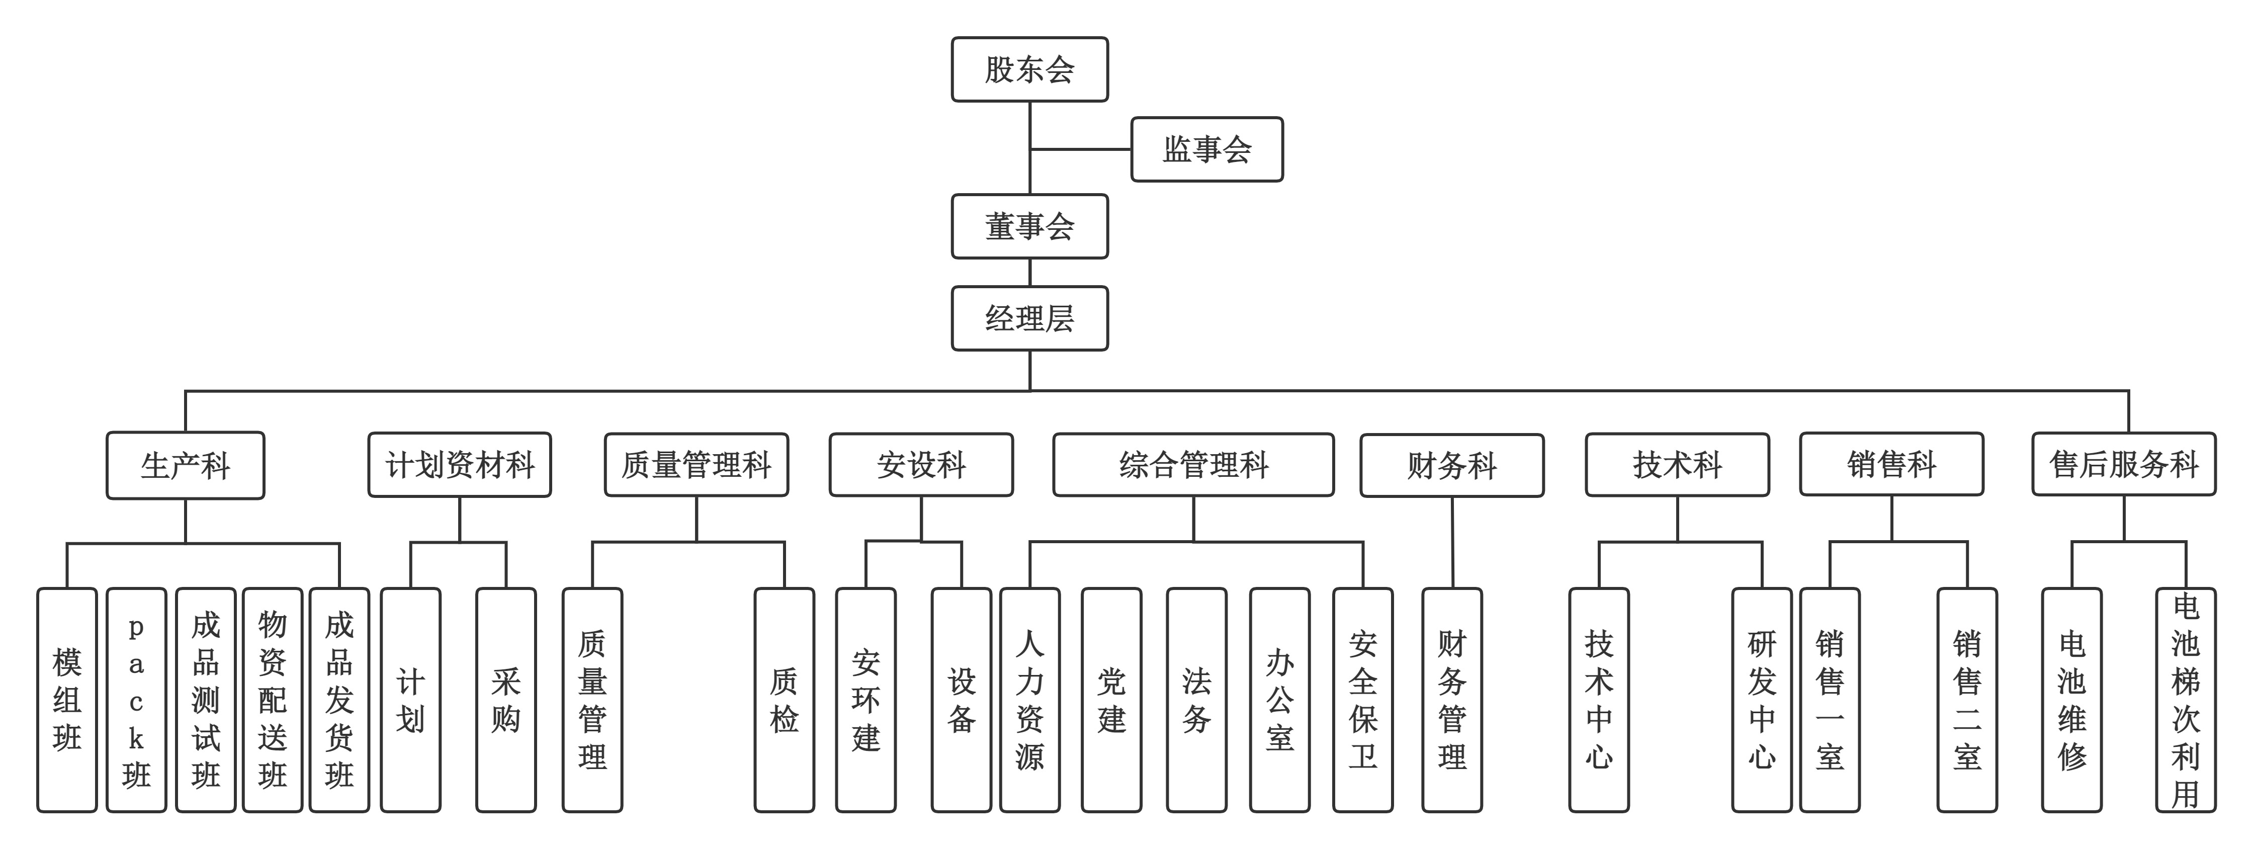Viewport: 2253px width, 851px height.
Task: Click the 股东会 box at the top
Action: [x=1029, y=69]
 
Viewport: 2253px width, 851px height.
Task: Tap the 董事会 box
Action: [x=1029, y=226]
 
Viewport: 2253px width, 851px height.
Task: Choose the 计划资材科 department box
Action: [x=459, y=464]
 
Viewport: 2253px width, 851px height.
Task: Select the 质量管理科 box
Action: [x=696, y=464]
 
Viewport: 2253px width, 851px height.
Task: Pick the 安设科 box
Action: [x=921, y=464]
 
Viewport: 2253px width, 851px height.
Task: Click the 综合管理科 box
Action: [x=1193, y=464]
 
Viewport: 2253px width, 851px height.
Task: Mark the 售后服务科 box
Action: [x=2124, y=464]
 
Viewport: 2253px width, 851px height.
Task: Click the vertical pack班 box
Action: [x=136, y=700]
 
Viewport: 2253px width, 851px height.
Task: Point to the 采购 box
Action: [x=505, y=700]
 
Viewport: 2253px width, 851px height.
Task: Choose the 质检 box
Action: [x=784, y=700]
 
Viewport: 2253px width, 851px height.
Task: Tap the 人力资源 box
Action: [x=1029, y=700]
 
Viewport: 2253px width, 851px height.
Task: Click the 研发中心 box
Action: [x=1762, y=700]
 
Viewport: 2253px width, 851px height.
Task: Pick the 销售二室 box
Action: [x=1967, y=700]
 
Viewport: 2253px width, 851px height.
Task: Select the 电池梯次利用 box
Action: [x=2185, y=700]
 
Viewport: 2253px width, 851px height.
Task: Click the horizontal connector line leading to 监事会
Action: [x=1081, y=149]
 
